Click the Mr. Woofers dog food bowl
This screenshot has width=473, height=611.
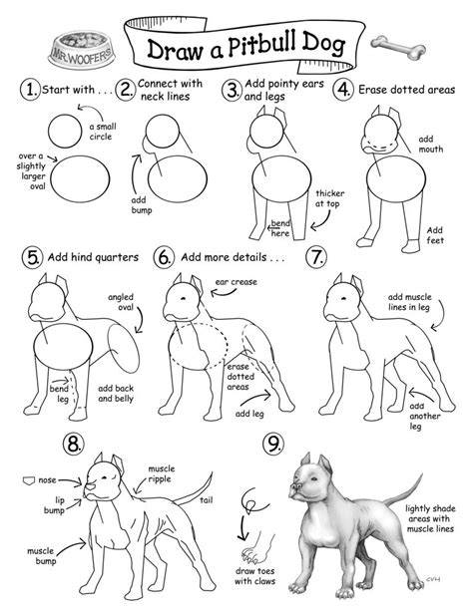click(x=81, y=50)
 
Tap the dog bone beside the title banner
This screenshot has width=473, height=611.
click(x=398, y=47)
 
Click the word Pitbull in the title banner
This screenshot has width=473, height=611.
click(x=259, y=45)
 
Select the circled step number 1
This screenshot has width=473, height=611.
click(x=30, y=90)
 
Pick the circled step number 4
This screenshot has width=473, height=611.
click(x=342, y=90)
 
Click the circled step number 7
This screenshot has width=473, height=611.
click(x=316, y=257)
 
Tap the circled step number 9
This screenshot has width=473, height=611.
click(x=273, y=444)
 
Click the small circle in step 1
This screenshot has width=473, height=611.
click(x=65, y=131)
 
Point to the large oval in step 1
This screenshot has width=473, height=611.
click(x=80, y=178)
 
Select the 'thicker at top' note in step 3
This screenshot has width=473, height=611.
click(x=330, y=198)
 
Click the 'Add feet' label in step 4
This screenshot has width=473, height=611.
click(x=435, y=235)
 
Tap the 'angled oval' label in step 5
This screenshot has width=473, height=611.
click(x=121, y=302)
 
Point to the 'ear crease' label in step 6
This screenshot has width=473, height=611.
click(x=236, y=282)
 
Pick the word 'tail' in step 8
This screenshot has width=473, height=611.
click(x=206, y=500)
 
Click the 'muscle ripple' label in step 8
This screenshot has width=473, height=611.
click(x=162, y=473)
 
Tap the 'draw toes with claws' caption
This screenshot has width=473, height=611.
click(x=254, y=576)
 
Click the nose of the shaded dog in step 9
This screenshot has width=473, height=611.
click(x=295, y=486)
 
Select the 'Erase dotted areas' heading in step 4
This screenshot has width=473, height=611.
click(x=407, y=90)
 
